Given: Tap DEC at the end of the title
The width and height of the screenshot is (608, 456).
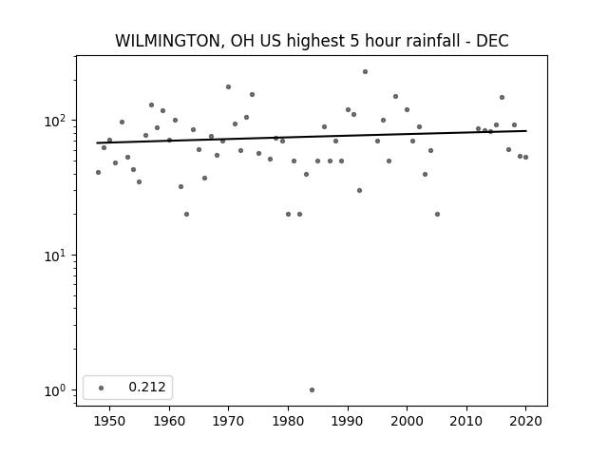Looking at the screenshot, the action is (492, 41).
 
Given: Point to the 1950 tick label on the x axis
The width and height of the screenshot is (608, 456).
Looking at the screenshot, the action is (110, 421).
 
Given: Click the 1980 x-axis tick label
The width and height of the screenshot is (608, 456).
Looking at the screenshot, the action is (288, 421).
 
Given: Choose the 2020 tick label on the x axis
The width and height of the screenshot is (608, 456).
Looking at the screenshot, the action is (525, 421).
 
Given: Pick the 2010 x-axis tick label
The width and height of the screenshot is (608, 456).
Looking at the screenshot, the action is (466, 421).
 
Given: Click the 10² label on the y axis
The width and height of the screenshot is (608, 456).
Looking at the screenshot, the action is (58, 121).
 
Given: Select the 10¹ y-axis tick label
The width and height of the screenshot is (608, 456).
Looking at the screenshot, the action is (58, 256).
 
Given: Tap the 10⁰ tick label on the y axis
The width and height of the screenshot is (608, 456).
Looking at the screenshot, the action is (58, 390).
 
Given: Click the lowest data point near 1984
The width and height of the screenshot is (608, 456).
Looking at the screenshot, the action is (312, 390).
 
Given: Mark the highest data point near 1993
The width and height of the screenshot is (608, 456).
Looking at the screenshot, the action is (365, 72).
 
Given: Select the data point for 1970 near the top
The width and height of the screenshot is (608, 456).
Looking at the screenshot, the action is (228, 86).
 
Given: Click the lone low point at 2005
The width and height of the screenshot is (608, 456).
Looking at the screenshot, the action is (437, 214).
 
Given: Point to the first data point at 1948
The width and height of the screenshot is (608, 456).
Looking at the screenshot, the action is (98, 172).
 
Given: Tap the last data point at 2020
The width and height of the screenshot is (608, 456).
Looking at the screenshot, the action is (525, 157).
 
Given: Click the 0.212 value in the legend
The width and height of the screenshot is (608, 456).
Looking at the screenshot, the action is (147, 387).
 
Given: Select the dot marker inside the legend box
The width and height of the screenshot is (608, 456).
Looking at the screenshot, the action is (102, 388).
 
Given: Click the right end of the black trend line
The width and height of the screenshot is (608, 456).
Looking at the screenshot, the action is (526, 131).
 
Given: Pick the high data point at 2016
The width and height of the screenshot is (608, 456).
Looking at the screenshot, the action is (503, 97).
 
